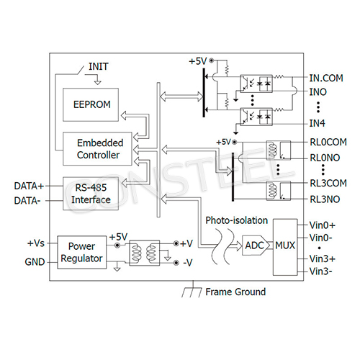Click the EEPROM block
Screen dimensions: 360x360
point(91,104)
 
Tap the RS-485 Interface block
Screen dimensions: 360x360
point(91,192)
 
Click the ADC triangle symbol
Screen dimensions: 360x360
point(253,246)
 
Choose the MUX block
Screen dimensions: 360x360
point(285,246)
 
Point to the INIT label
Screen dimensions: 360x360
point(99,66)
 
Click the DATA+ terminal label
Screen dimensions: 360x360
point(28,186)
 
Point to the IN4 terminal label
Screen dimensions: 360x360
point(318,123)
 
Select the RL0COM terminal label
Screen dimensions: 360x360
point(328,143)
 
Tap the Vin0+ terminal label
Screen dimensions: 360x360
point(322,225)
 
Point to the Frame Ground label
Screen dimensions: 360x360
point(235,292)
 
